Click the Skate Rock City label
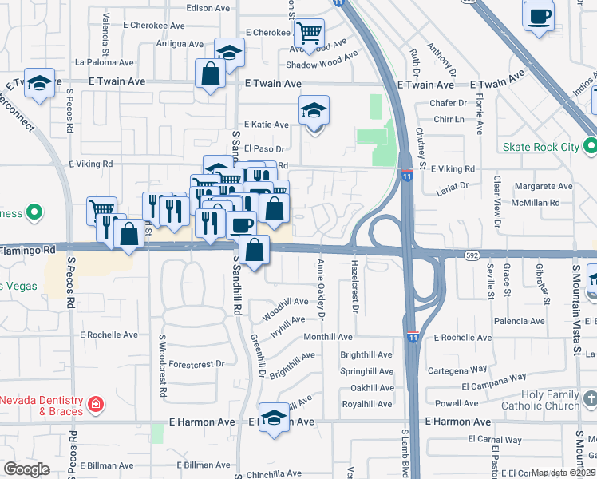point(540,147)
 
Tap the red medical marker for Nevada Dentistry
point(95,405)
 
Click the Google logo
point(26,469)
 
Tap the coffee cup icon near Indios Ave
point(540,15)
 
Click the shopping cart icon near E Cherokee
point(308,34)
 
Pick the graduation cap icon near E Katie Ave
point(314,111)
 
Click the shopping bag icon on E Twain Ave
point(211,73)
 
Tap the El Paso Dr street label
point(264,148)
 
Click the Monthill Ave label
point(327,338)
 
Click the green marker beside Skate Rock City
point(591,147)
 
